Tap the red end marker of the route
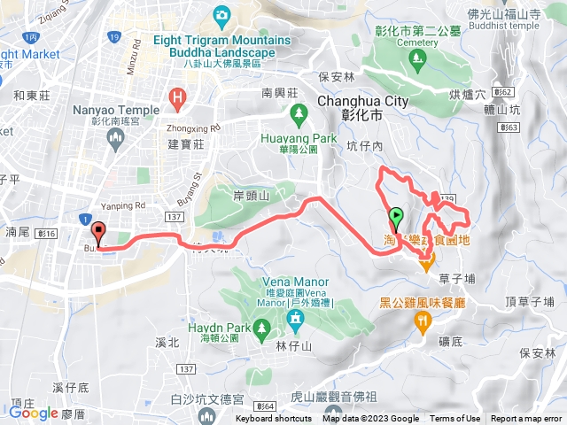click(98, 232)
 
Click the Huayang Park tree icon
click(299, 112)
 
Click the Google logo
click(34, 412)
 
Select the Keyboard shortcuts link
click(274, 419)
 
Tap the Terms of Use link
click(455, 419)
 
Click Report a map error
click(526, 419)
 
